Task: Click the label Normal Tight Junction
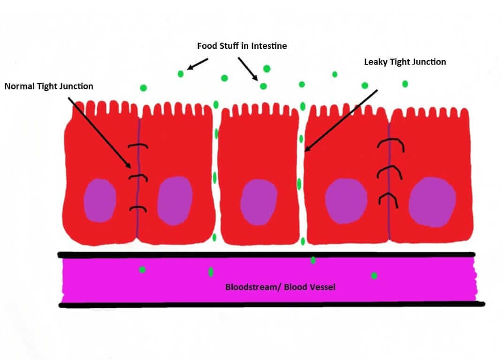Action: point(49,86)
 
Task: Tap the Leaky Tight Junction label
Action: point(405,62)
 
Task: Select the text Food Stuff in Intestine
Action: point(242,46)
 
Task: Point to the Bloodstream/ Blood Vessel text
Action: point(280,287)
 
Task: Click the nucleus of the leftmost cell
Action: point(100,200)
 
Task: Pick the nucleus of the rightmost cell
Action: point(432,202)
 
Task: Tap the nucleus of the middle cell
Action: point(259,202)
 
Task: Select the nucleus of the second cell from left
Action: point(175,201)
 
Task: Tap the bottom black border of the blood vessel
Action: point(272,305)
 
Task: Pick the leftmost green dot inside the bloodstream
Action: point(142,269)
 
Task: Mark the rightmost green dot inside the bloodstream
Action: point(374,276)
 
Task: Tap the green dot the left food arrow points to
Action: point(181,74)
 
